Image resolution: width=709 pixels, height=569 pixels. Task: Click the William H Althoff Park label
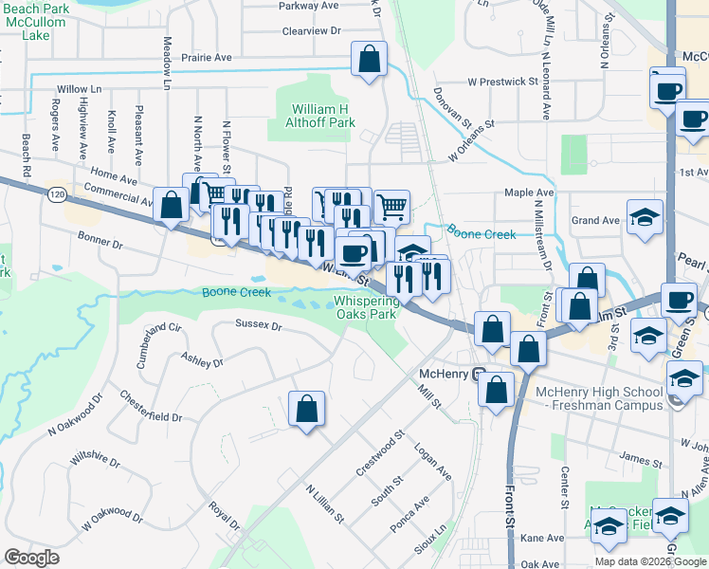[x=322, y=116]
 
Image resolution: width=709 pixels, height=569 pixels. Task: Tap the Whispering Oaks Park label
[x=365, y=307]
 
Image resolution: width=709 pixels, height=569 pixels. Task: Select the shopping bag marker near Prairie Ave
[x=370, y=59]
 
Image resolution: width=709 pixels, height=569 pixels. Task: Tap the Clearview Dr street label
[x=311, y=31]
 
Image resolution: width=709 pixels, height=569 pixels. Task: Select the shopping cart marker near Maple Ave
[x=391, y=205]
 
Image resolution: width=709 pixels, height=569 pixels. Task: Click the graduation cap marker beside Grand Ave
[x=645, y=217]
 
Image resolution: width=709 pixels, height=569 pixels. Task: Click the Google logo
[x=31, y=558]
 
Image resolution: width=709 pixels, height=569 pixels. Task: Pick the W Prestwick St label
[x=502, y=82]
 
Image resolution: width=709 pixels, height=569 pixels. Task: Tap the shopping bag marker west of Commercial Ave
[x=172, y=205]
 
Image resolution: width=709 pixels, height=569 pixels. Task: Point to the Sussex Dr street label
[x=259, y=326]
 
